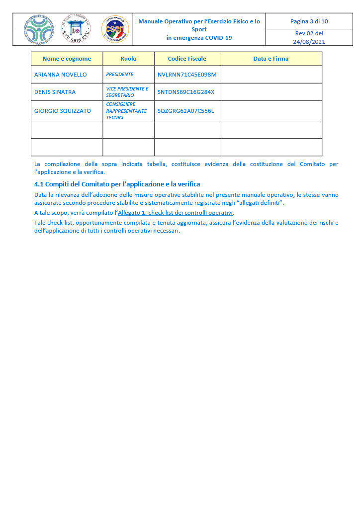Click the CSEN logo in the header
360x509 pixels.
tap(115, 29)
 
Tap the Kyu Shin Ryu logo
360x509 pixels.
tap(76, 29)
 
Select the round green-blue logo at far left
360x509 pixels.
tap(38, 29)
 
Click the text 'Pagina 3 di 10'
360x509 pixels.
tap(309, 21)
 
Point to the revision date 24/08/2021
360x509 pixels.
tap(309, 42)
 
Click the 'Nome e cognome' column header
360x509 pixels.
tap(67, 59)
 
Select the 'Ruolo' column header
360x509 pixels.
tap(128, 59)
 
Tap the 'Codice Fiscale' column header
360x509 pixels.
tap(187, 59)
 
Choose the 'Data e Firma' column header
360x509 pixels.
tap(271, 59)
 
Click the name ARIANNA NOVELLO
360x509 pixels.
tap(60, 75)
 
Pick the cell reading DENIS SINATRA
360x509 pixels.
tap(55, 92)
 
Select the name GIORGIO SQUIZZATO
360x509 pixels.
tap(63, 111)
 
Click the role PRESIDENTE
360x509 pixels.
tap(120, 75)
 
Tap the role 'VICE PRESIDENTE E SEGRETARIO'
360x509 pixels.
tap(127, 92)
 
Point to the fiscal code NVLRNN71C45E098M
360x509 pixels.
tap(187, 75)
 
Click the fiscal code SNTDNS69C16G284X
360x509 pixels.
tap(185, 92)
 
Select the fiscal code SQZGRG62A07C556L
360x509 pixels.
tap(185, 111)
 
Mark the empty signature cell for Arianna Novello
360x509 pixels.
tap(271, 75)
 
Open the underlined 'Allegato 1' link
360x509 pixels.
tap(175, 213)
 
